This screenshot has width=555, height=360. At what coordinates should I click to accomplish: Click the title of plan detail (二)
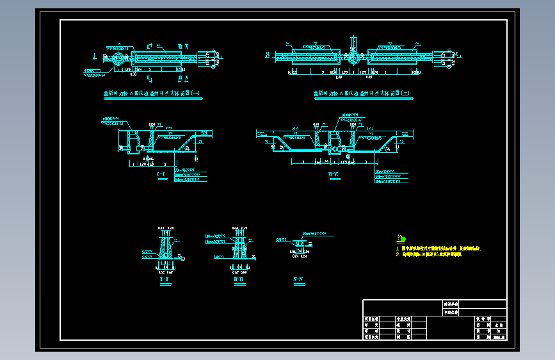362,94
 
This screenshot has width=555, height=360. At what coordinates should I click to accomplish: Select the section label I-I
165,279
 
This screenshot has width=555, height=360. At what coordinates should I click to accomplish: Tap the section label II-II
238,279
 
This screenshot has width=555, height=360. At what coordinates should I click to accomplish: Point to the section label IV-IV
297,279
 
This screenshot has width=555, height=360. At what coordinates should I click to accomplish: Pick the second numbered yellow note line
428,254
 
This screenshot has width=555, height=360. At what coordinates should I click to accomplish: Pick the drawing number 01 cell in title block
497,331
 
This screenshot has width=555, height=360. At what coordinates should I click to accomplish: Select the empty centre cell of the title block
441,327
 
